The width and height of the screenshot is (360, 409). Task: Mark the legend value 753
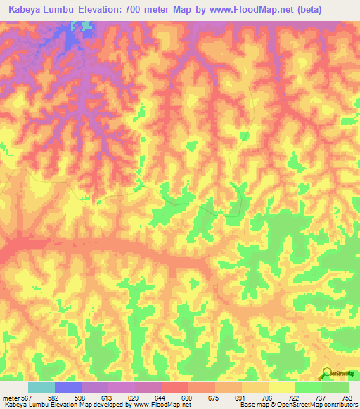tap(345, 397)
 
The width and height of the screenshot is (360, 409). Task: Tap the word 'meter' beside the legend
tap(11, 397)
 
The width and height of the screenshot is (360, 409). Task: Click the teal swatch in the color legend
tap(41, 387)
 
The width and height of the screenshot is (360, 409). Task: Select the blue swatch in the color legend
tap(68, 387)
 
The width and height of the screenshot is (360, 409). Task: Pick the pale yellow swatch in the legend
tap(282, 387)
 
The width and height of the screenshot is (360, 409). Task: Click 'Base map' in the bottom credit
tap(252, 405)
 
